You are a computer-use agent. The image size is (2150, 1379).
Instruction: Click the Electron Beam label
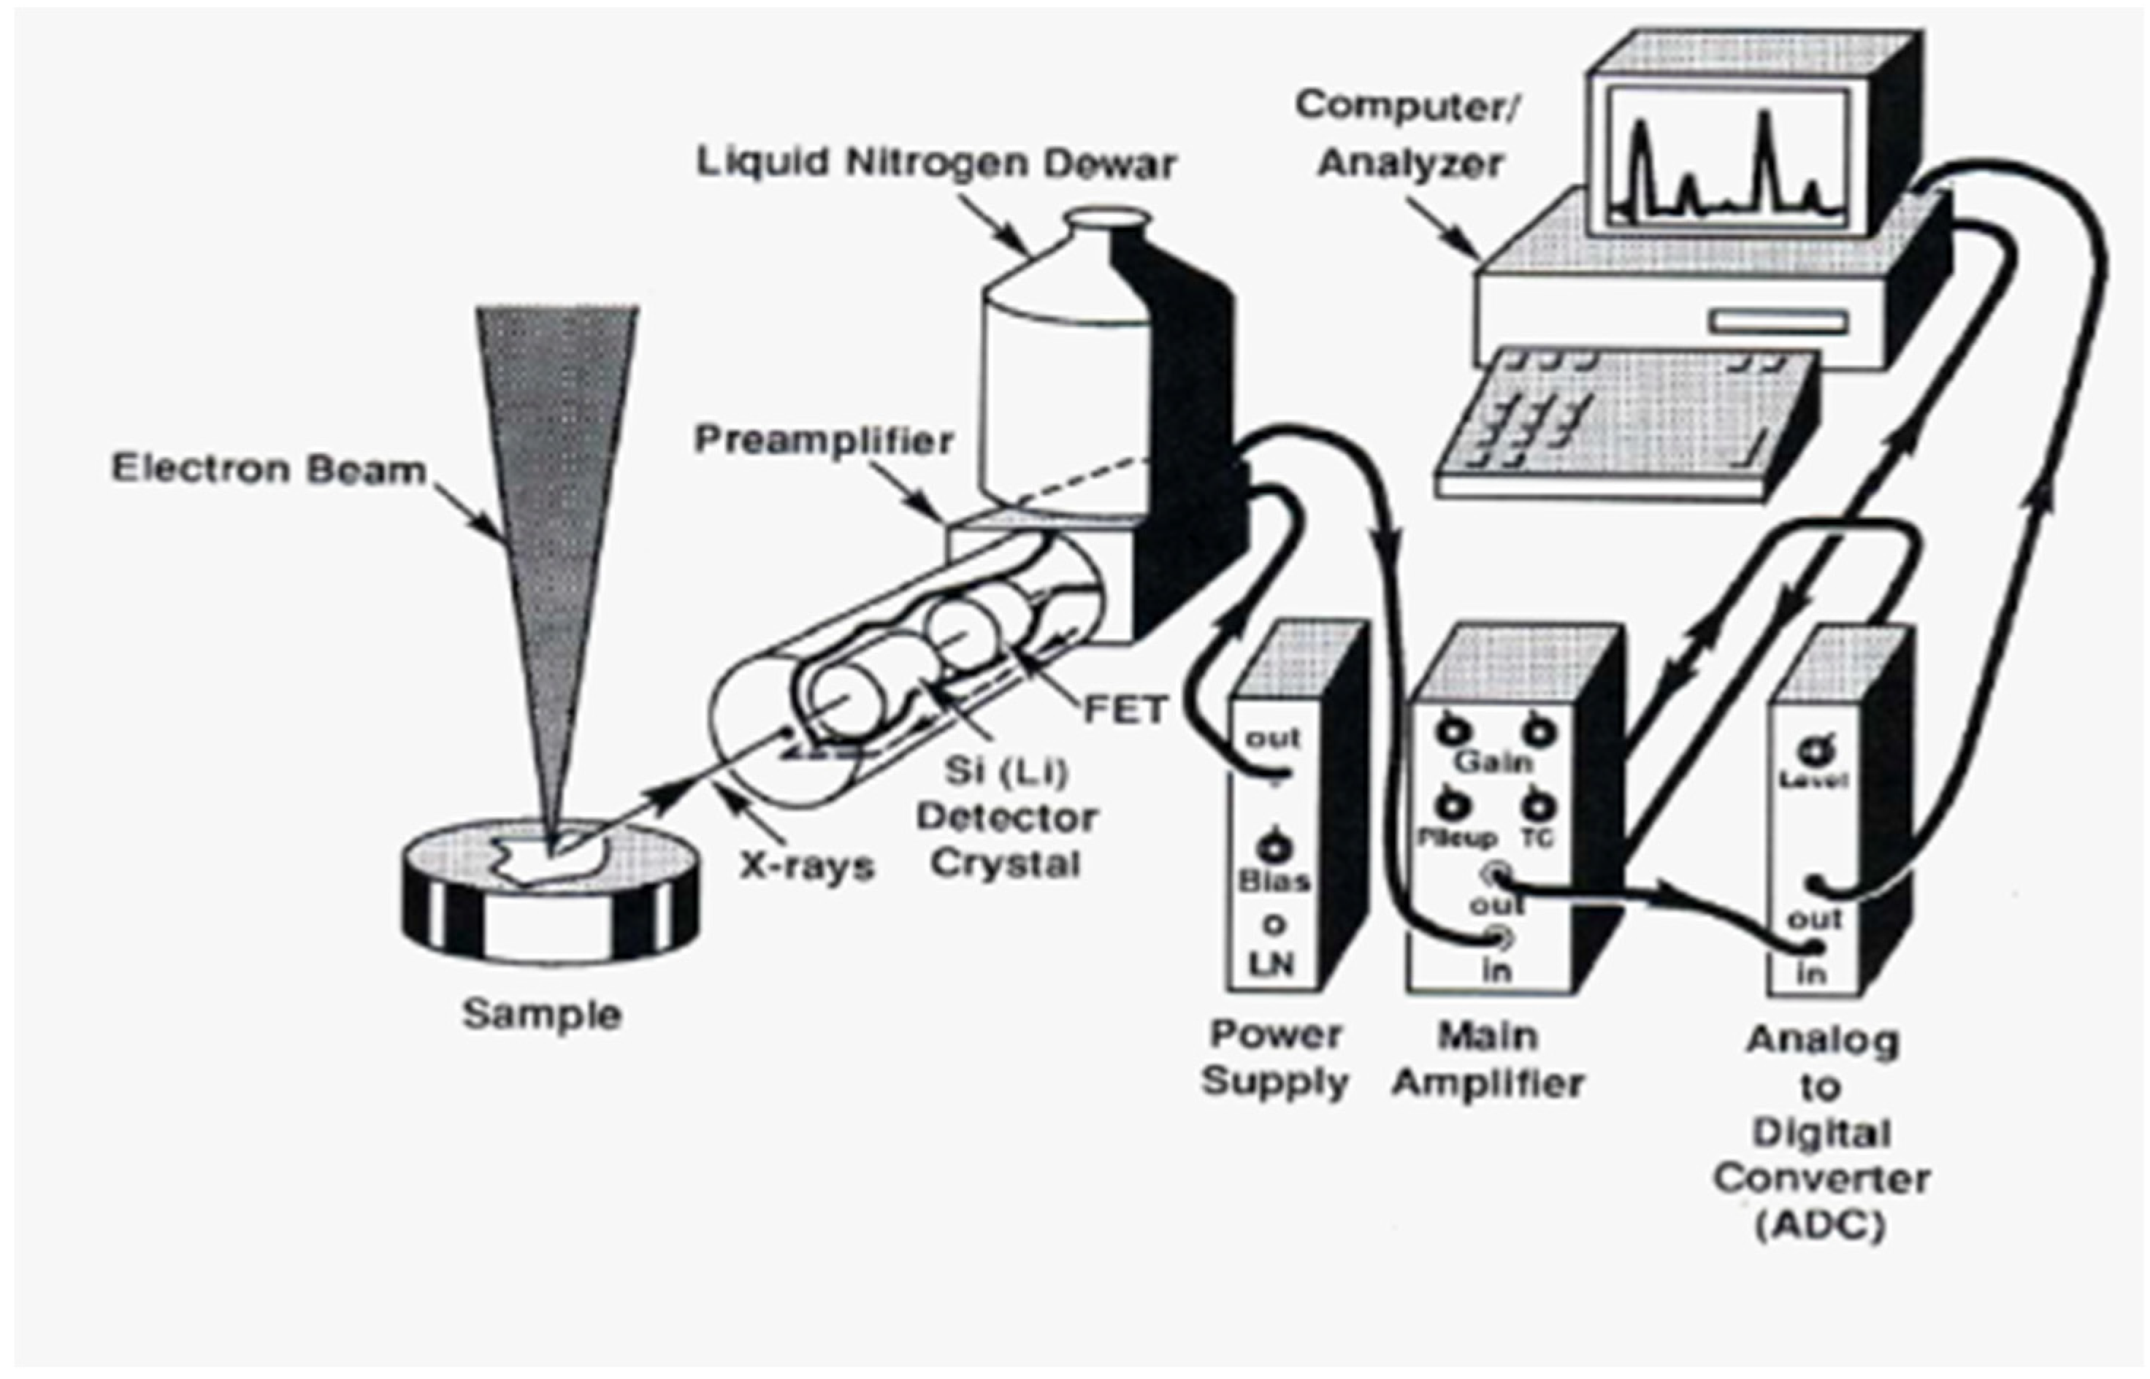268,469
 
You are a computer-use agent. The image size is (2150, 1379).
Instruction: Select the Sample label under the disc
541,1015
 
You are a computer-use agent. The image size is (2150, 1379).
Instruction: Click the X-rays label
806,866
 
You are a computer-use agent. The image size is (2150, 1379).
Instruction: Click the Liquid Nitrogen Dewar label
936,164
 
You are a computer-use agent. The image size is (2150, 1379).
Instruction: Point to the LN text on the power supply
1272,965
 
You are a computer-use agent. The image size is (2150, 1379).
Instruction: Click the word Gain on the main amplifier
1493,762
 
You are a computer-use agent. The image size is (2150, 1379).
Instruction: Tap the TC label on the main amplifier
1537,838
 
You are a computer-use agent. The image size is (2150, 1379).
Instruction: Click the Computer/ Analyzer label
1408,134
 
